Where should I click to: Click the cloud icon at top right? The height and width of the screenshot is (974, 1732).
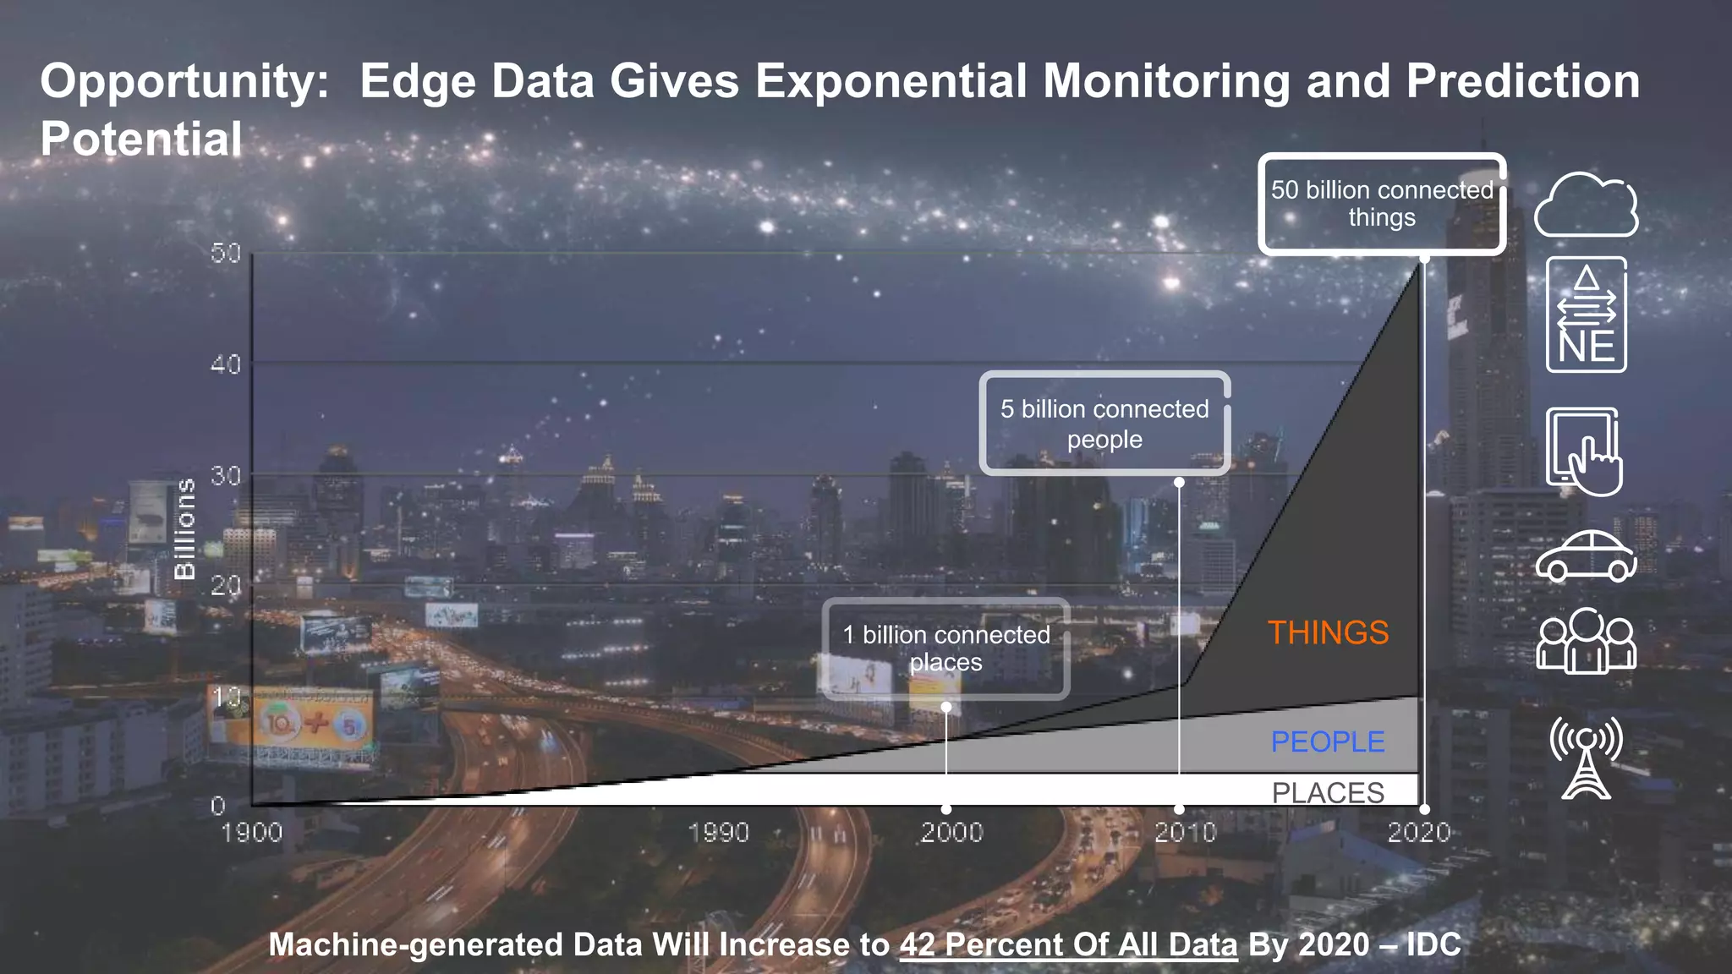[1586, 205]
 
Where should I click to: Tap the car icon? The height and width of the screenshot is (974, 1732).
[1586, 556]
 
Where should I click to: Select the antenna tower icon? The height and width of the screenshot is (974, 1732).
[1586, 758]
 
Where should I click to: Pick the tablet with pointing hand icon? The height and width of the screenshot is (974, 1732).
[1584, 451]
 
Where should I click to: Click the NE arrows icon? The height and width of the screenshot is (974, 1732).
[1586, 315]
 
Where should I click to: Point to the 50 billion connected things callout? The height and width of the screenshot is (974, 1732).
[1382, 204]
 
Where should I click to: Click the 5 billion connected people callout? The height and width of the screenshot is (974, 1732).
[1104, 424]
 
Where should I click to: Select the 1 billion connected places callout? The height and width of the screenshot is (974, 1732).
[945, 648]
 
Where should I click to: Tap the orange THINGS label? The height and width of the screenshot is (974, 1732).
[1328, 632]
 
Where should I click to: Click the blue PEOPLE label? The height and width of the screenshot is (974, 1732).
[1328, 741]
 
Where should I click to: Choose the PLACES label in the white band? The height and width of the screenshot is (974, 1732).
[1328, 792]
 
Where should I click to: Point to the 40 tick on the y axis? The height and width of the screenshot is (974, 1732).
[226, 364]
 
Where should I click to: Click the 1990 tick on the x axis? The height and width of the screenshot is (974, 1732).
[718, 833]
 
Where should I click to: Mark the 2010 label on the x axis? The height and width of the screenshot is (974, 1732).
[1185, 833]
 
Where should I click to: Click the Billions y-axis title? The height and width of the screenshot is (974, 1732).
[184, 529]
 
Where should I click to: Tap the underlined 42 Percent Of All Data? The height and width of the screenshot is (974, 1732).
[1068, 944]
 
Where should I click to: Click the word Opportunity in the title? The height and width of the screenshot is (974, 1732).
[184, 81]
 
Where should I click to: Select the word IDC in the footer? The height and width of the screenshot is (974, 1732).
[1433, 944]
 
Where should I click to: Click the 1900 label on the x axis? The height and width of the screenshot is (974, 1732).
[251, 833]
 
